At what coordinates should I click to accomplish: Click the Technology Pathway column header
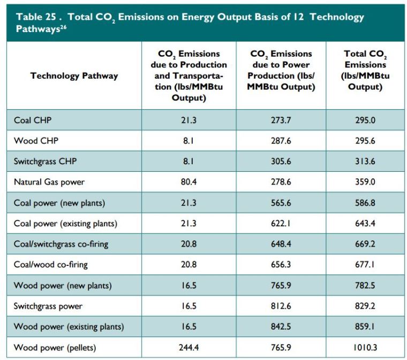click(x=74, y=75)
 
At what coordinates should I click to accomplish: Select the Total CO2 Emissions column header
click(x=365, y=71)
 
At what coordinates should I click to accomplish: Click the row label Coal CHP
click(x=33, y=120)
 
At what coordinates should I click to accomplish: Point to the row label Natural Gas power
click(x=49, y=182)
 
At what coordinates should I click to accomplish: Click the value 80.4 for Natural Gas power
click(x=189, y=182)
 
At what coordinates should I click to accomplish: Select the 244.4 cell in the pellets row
click(x=189, y=348)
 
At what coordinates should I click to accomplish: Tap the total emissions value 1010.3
click(x=365, y=348)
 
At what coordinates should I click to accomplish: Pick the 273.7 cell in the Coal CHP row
click(x=281, y=120)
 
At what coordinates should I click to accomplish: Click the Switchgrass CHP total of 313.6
click(x=365, y=162)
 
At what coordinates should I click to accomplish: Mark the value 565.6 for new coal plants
click(x=281, y=203)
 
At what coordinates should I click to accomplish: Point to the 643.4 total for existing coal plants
click(x=365, y=224)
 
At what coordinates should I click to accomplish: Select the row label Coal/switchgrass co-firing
click(x=61, y=244)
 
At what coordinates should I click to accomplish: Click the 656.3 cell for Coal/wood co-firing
click(x=281, y=265)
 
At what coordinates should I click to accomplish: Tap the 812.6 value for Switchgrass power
click(x=281, y=307)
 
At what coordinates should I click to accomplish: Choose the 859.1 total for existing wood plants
click(x=365, y=327)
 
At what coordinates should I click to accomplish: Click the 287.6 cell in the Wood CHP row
click(x=281, y=141)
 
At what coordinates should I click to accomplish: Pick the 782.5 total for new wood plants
click(x=365, y=286)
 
